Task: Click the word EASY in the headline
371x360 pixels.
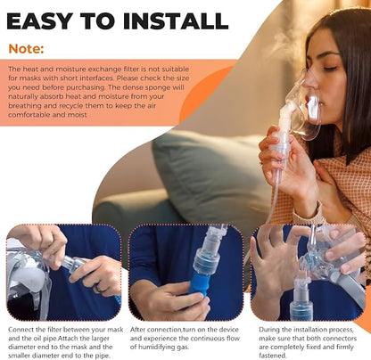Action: [x=39, y=21]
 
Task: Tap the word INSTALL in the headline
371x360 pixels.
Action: [x=176, y=21]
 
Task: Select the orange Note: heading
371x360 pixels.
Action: [x=26, y=49]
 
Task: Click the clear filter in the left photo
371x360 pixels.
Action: [x=72, y=264]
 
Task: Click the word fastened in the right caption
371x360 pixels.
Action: [x=273, y=356]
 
